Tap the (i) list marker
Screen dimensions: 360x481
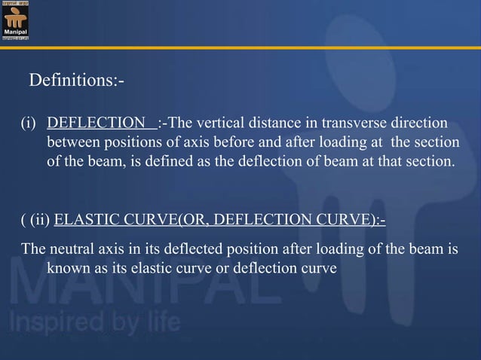point(28,124)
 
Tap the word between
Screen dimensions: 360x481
point(72,142)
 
